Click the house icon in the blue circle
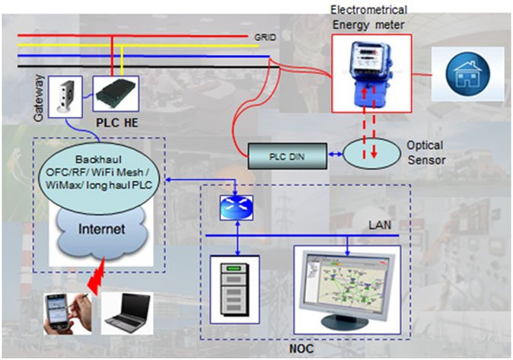[x=467, y=75]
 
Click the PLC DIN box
[x=286, y=156]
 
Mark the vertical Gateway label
[x=40, y=94]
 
